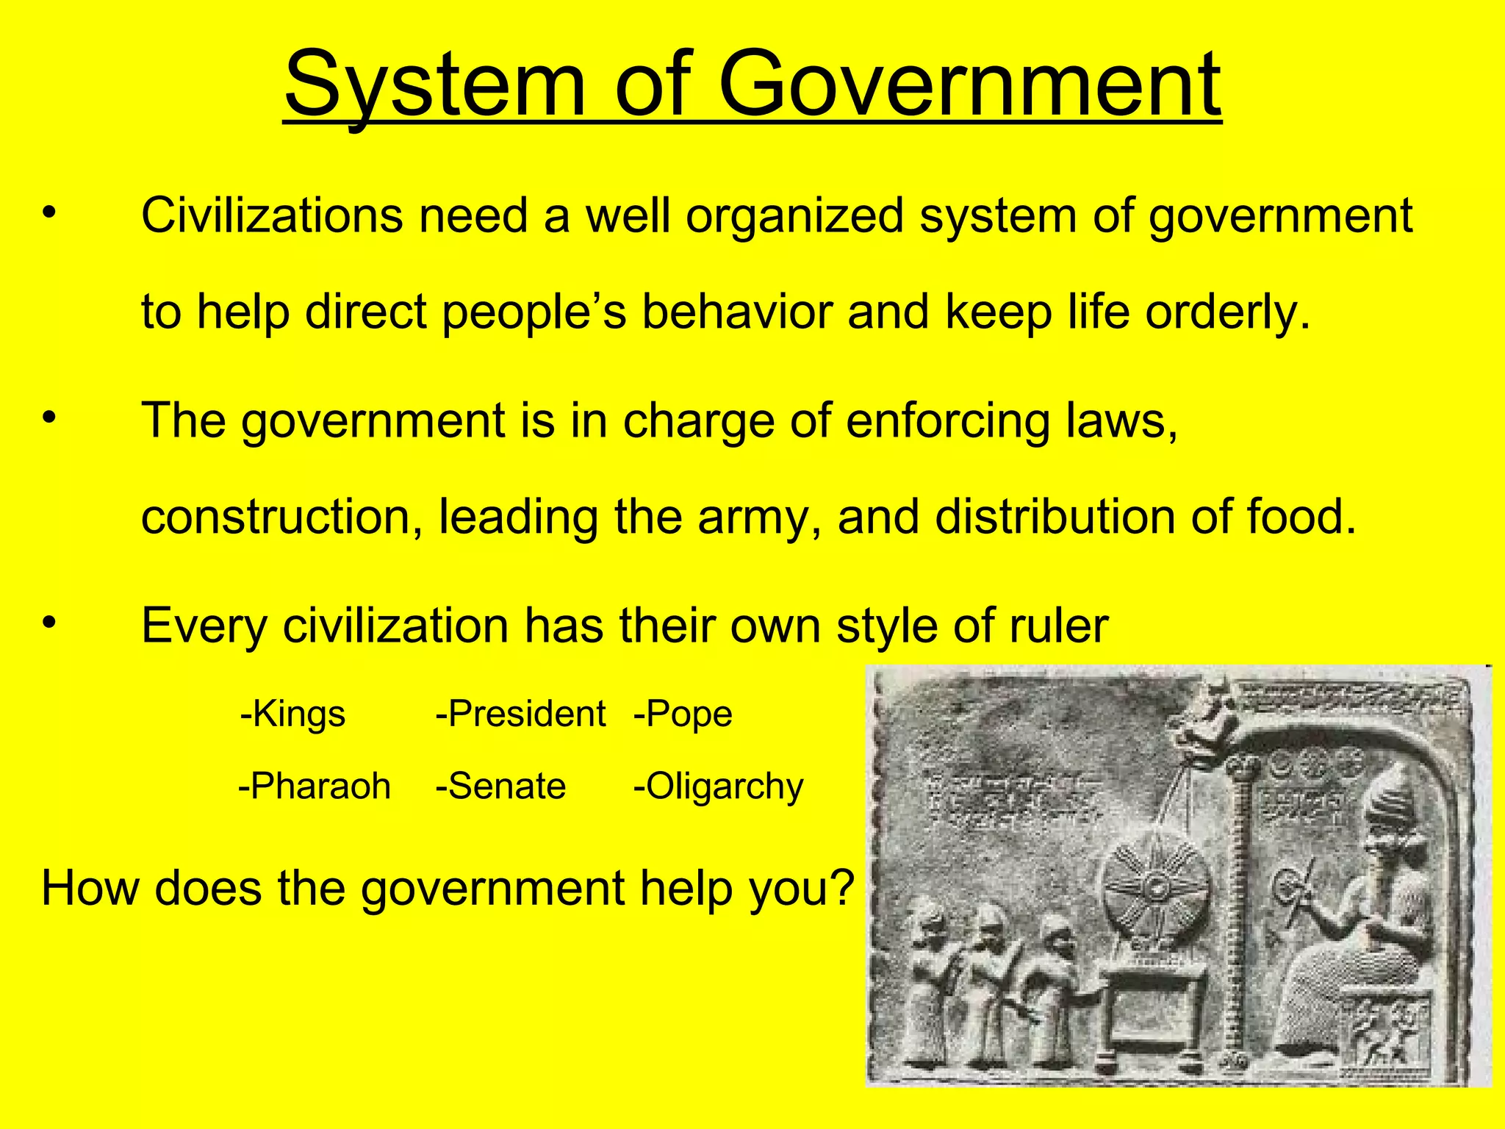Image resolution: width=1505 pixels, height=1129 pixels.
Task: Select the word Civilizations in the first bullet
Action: coord(272,216)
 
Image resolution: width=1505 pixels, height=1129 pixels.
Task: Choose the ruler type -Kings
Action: coord(292,714)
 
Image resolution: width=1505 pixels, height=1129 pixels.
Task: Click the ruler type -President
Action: coord(520,714)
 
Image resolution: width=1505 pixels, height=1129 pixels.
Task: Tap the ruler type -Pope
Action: coord(683,714)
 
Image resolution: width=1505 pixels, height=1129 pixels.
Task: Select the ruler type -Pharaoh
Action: coord(314,786)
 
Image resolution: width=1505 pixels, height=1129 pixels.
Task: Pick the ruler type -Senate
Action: coord(500,786)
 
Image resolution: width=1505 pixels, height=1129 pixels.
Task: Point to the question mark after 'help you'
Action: coord(841,888)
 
